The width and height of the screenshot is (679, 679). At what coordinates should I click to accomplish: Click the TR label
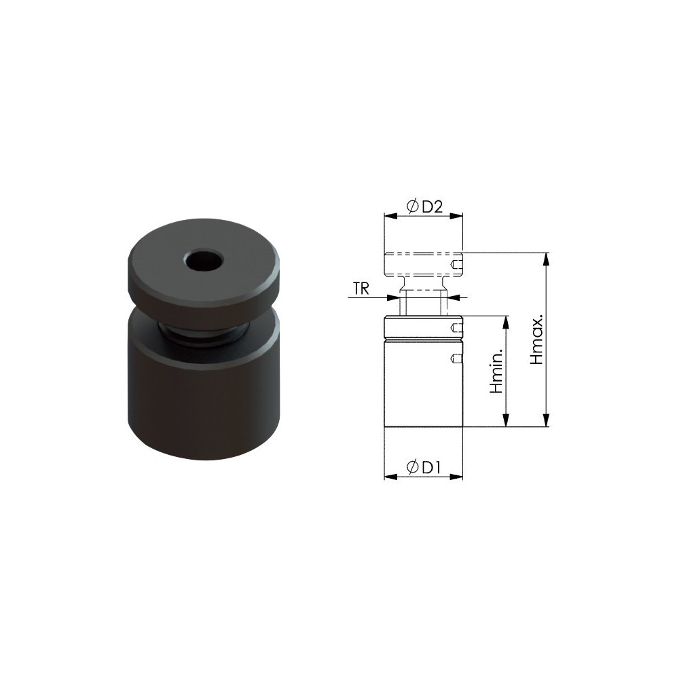(x=361, y=289)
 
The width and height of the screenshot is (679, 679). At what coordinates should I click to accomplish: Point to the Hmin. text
(x=497, y=372)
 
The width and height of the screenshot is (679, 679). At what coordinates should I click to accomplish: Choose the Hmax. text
(x=537, y=339)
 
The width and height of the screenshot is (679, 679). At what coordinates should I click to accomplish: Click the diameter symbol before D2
(x=412, y=206)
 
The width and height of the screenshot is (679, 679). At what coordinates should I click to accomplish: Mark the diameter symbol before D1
(x=413, y=467)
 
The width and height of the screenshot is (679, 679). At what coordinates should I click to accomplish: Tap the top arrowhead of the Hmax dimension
(x=547, y=259)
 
